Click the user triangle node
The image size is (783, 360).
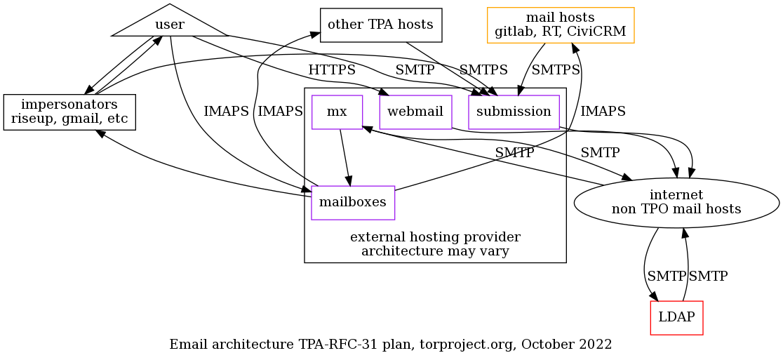tap(170, 25)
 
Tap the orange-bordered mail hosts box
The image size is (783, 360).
tap(561, 25)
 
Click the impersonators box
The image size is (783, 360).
tap(69, 112)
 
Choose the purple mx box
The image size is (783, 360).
tap(337, 112)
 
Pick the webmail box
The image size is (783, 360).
tap(415, 112)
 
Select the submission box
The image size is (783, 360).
tap(514, 112)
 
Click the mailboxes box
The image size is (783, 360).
tap(353, 203)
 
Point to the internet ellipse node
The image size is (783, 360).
tap(676, 202)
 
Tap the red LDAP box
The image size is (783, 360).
tap(676, 317)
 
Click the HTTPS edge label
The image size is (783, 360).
tap(332, 71)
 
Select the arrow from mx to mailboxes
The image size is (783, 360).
tap(344, 158)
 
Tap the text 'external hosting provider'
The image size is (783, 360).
tap(435, 236)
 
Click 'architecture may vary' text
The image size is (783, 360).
tap(435, 251)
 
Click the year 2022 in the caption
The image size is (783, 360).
tap(597, 345)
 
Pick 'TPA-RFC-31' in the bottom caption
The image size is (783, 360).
tap(330, 345)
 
